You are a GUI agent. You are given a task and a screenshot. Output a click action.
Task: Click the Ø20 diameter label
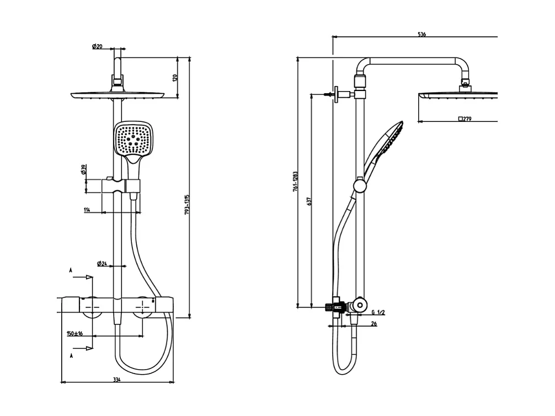click(97, 46)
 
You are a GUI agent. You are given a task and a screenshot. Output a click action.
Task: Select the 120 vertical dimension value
click(175, 78)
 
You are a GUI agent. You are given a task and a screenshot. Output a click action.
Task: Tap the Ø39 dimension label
click(84, 170)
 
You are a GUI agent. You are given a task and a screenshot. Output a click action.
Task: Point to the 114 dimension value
click(87, 210)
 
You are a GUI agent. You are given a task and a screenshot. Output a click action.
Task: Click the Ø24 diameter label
click(102, 264)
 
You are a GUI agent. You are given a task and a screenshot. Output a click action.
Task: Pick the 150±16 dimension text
click(74, 333)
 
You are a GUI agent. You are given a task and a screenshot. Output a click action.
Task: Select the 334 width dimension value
click(116, 379)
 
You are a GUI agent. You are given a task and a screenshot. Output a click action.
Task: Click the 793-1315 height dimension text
click(187, 204)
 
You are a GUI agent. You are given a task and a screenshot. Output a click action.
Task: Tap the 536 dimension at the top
click(421, 35)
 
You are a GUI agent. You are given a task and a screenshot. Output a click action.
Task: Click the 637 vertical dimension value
click(309, 202)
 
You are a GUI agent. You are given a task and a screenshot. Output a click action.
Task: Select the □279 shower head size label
click(465, 119)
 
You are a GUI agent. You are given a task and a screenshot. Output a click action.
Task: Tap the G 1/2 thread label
click(378, 312)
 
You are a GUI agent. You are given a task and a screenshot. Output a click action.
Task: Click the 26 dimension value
click(373, 324)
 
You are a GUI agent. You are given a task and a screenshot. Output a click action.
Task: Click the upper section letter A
click(71, 270)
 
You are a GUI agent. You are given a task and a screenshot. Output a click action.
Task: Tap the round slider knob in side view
click(360, 186)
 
